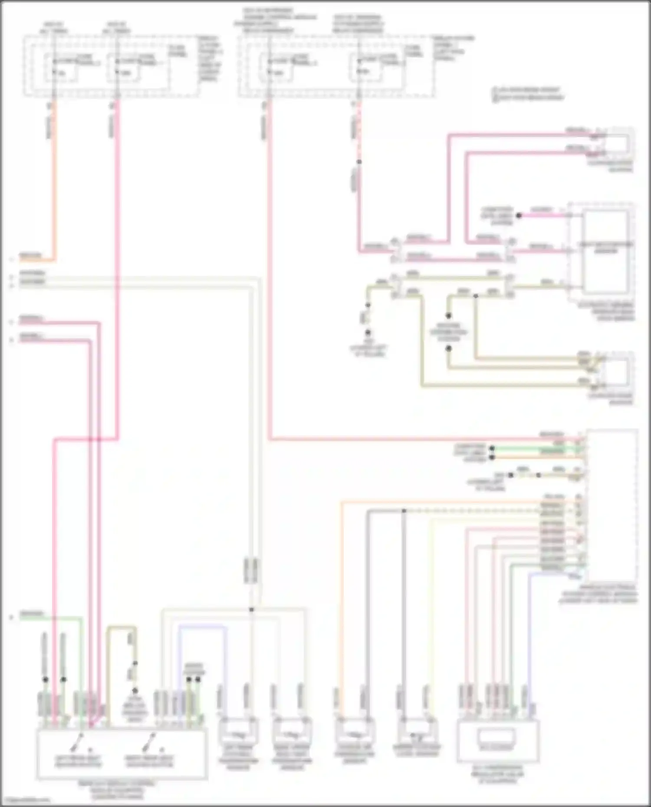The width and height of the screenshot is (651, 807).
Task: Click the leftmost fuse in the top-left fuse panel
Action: click(x=61, y=67)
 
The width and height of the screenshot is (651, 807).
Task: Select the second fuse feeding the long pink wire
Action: click(x=125, y=67)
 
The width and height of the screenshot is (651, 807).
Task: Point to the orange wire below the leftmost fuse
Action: click(x=55, y=182)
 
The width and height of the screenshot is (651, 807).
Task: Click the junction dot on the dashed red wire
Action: click(x=359, y=162)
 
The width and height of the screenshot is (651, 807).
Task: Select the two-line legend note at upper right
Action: click(x=528, y=94)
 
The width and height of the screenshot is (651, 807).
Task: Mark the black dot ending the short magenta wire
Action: click(x=519, y=215)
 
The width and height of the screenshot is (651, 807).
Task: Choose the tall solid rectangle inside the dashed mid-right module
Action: click(x=606, y=251)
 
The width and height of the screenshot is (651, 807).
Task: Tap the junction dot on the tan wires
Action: click(x=476, y=296)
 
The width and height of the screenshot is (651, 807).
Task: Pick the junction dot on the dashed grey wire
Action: click(x=404, y=511)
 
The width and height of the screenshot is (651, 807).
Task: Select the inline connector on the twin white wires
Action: click(x=251, y=570)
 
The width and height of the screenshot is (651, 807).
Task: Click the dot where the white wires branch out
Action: click(x=251, y=609)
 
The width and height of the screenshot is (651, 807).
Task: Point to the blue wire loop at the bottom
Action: click(x=202, y=627)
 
